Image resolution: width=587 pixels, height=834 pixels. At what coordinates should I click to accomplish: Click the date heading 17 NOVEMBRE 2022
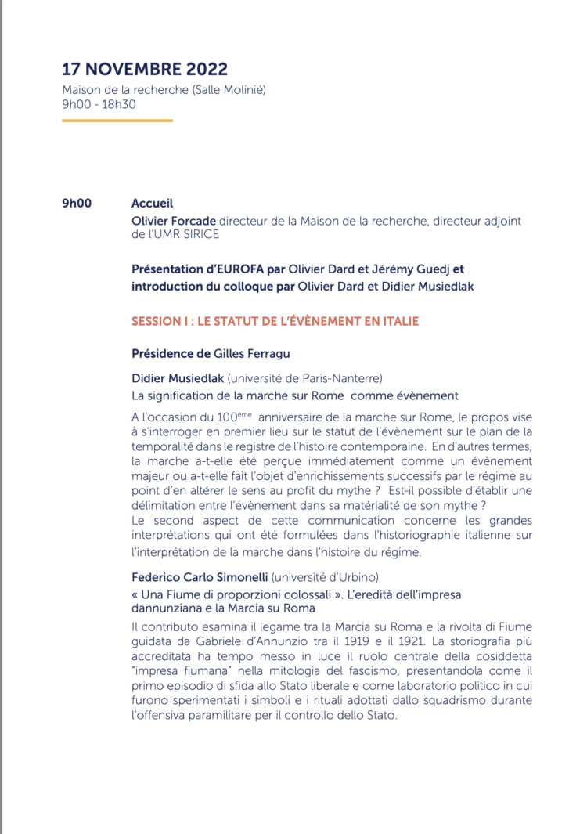coord(145,69)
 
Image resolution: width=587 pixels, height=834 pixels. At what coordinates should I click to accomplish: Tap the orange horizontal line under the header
coord(117,121)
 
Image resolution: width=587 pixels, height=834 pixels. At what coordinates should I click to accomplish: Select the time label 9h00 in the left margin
coord(77,204)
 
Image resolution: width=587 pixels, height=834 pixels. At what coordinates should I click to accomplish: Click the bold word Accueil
coord(152,204)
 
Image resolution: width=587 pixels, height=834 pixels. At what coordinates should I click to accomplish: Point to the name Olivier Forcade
coord(174,221)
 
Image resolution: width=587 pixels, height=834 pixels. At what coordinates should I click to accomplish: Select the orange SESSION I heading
coord(275,321)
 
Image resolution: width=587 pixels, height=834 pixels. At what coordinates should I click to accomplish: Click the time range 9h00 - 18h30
coord(99,103)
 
